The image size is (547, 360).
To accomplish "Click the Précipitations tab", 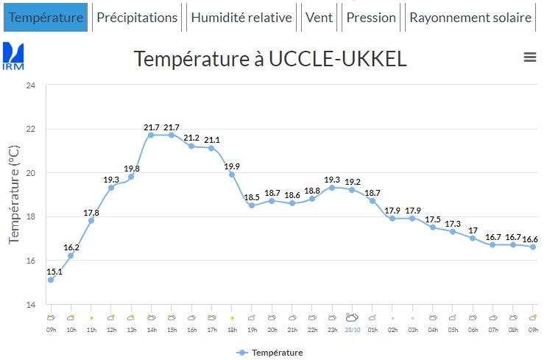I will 138,18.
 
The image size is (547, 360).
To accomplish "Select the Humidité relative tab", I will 241,18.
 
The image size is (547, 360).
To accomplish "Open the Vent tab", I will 319,18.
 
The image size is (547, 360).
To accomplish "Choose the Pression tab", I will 371,18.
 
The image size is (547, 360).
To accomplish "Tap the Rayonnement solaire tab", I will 470,18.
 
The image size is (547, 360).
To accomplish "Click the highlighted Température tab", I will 46,18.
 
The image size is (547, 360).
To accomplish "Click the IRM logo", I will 14,56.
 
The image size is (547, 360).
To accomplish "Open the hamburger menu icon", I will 529,57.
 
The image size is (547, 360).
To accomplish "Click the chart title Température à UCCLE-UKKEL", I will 270,59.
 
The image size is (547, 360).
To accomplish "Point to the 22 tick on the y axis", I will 30,129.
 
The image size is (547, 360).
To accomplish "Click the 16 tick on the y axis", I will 30,261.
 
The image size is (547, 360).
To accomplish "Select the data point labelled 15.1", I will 50,280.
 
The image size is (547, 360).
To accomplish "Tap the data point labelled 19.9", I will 231,174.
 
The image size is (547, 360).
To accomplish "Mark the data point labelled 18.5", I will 252,205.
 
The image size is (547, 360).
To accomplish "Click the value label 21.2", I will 191,137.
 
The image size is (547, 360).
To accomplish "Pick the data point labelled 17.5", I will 433,227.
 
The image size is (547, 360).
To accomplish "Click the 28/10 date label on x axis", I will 352,329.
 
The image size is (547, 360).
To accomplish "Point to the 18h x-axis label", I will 231,329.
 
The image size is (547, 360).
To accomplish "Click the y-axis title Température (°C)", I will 14,195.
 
